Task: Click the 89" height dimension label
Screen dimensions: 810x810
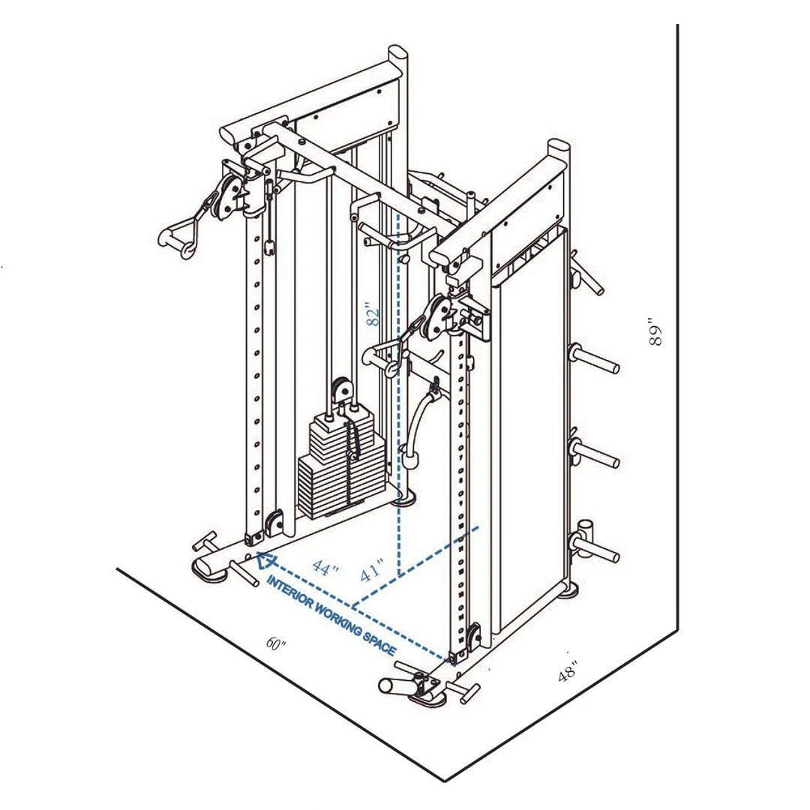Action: point(656,336)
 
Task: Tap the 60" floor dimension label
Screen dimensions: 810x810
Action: point(276,643)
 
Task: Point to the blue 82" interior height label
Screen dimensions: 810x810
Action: point(373,313)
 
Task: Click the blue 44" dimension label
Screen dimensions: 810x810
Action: point(325,568)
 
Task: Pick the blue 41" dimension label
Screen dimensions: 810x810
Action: point(372,570)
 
